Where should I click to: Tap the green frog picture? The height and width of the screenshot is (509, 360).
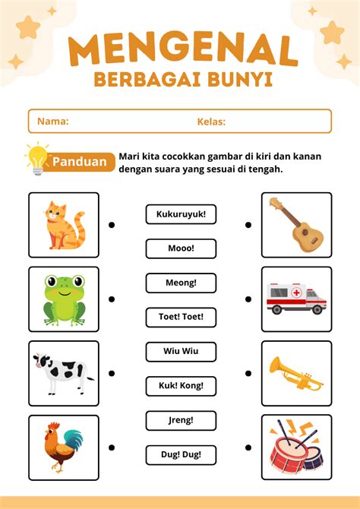pos(64,299)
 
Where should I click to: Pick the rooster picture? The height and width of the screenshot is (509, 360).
pos(64,447)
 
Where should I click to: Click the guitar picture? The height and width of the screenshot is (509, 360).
pos(297,225)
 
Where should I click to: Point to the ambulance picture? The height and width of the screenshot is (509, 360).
pos(297,299)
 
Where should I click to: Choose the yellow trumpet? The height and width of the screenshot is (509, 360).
pos(297,372)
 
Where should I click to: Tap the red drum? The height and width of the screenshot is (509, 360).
pos(297,447)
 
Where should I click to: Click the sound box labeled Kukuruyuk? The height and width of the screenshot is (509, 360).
pos(181,215)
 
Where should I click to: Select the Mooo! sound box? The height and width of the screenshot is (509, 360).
pos(181,248)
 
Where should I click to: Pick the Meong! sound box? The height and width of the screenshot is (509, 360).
pos(181,283)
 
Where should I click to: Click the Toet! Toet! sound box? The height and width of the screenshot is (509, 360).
pos(181,317)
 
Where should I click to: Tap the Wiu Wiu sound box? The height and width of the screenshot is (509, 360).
pos(181,352)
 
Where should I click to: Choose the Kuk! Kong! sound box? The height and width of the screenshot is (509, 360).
pos(181,386)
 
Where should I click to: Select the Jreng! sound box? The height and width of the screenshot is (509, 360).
pos(181,419)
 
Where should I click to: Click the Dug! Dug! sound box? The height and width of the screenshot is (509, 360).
pos(181,454)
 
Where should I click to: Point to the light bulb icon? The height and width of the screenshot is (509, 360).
pos(36,157)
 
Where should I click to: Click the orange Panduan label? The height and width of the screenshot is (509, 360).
pos(80,162)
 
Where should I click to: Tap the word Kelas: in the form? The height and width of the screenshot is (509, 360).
pos(211,122)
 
